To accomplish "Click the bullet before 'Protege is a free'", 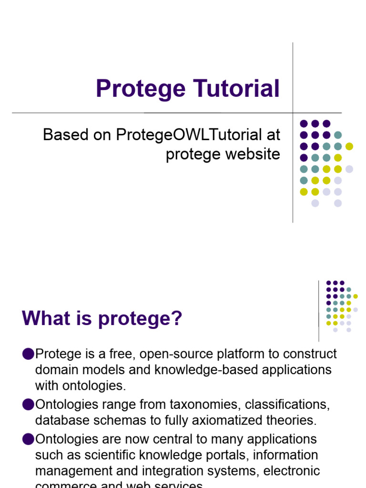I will tap(28, 354).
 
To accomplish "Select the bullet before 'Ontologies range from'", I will tap(28, 405).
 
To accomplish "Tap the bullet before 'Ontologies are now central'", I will tap(28, 438).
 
